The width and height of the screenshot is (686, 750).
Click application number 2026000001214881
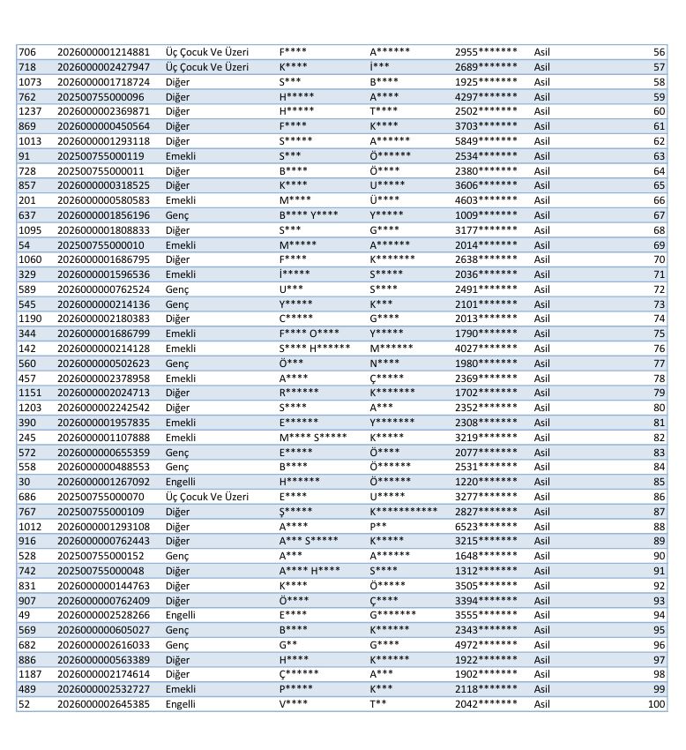pos(103,52)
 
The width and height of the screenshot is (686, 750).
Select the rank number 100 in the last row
pos(656,704)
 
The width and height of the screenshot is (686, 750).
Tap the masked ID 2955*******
pos(486,52)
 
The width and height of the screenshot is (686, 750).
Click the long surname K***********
pos(403,512)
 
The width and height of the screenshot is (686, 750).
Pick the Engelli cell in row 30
pos(181,482)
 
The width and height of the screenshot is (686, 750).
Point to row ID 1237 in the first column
pos(30,111)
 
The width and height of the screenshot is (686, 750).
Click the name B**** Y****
pos(309,215)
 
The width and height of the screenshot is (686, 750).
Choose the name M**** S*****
pos(313,438)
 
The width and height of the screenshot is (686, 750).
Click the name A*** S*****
pos(309,541)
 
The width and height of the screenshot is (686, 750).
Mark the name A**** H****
pos(309,571)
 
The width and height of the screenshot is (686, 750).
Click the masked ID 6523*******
pos(486,526)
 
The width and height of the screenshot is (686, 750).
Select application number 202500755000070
pos(101,497)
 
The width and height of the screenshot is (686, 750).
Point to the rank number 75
pos(659,334)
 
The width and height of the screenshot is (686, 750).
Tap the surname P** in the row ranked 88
pos(378,526)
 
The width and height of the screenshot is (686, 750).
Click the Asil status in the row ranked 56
pos(541,52)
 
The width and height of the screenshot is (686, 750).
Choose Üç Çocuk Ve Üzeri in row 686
pos(207,497)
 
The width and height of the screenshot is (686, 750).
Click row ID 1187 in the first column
pos(30,674)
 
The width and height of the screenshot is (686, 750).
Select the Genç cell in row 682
pos(177,645)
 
